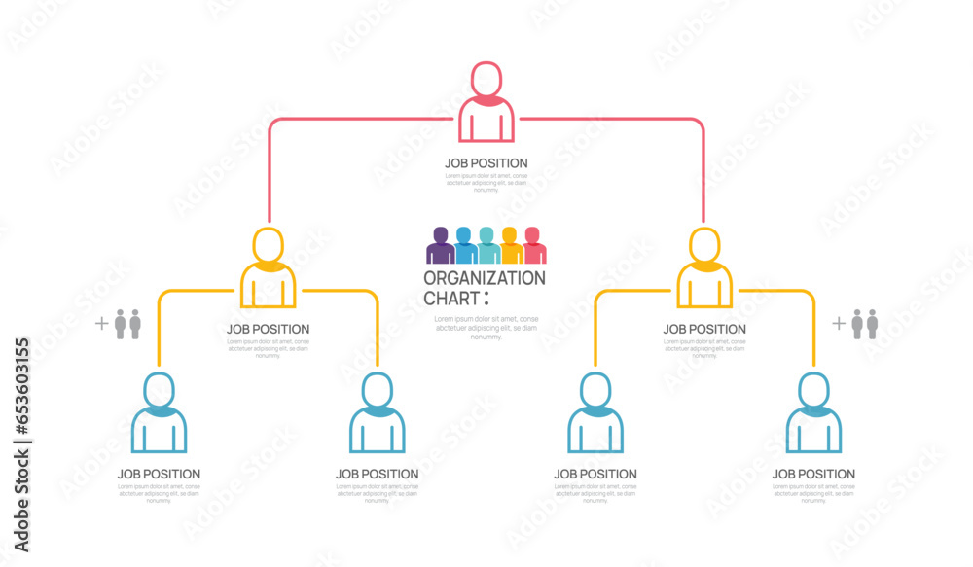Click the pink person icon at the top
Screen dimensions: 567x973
[486, 105]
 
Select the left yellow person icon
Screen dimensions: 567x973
[269, 269]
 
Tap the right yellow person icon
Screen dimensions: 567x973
[704, 269]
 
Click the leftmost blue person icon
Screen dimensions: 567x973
[160, 415]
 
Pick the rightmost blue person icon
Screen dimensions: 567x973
[813, 415]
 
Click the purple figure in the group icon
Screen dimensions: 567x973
[440, 246]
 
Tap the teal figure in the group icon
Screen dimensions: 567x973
[487, 246]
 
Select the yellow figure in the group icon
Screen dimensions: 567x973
[511, 246]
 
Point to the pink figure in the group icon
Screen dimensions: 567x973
[534, 246]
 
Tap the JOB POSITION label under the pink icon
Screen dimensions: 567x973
[486, 163]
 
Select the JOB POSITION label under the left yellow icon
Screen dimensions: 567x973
[269, 330]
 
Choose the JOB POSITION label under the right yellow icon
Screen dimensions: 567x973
[704, 330]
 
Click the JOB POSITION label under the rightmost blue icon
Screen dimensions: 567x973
[813, 475]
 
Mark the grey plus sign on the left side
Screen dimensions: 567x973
[101, 324]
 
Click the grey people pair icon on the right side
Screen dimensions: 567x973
[865, 324]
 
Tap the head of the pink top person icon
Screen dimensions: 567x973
[486, 78]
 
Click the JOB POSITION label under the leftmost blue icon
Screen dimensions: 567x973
[160, 475]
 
